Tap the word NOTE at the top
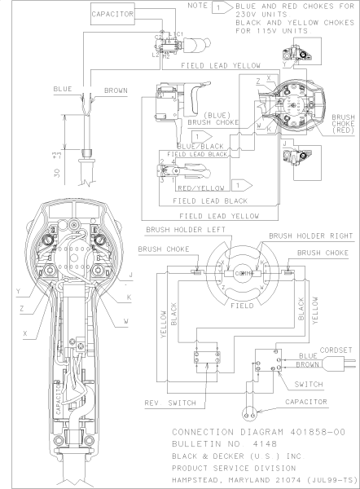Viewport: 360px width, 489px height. (197, 6)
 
